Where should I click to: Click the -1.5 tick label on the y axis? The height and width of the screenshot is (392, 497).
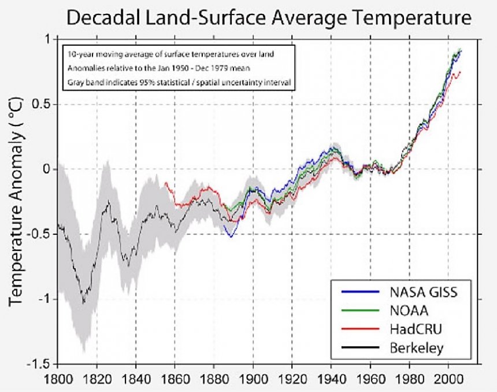pyautogui.click(x=43, y=364)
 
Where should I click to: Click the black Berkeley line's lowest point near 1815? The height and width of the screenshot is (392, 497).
pyautogui.click(x=83, y=302)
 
